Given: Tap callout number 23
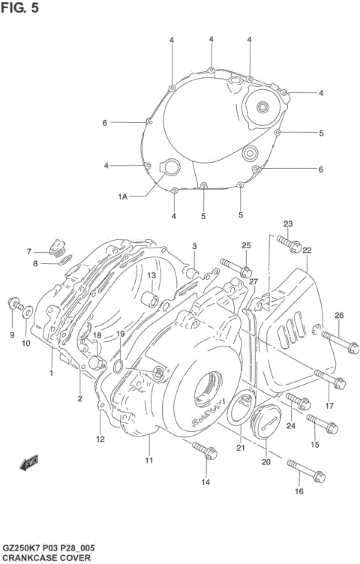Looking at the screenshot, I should point(288,224).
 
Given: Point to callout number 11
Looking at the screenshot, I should point(148,460).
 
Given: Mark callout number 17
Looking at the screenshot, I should point(328,406).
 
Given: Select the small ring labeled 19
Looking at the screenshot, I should point(118,365).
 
